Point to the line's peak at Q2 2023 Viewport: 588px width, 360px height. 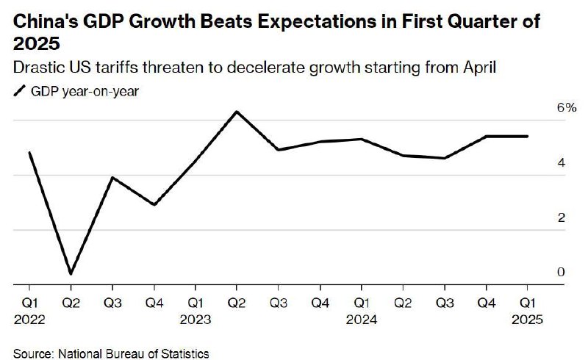coord(237,112)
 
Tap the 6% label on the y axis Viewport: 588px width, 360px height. coord(565,107)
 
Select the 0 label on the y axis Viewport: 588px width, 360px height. coord(561,273)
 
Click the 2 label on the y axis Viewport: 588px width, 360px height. coord(561,217)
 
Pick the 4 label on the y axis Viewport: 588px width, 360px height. coord(561,162)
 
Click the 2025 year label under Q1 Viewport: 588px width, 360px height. coord(527,320)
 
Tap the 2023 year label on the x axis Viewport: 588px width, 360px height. coord(195,320)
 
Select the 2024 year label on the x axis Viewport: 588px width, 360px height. coord(361,320)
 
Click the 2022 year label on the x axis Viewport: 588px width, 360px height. coord(29,320)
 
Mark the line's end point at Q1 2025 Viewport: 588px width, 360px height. coord(527,136)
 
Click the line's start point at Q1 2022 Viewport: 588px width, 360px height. coord(29,153)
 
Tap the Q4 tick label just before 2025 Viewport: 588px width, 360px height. coord(486,302)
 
